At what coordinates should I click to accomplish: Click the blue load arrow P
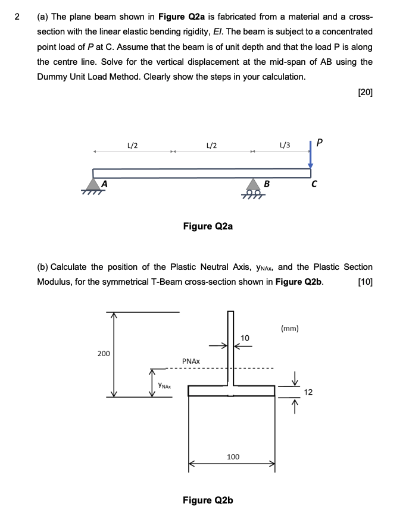point(310,156)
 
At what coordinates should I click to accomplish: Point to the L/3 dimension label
point(285,144)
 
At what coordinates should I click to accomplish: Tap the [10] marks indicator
point(365,281)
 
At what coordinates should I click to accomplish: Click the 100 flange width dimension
point(233,457)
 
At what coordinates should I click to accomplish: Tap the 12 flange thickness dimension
point(308,392)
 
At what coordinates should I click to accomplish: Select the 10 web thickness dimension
point(245,338)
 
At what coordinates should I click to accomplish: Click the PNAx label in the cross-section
point(191,361)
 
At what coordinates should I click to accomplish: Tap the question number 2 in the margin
point(17,16)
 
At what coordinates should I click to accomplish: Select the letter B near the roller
point(267,184)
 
